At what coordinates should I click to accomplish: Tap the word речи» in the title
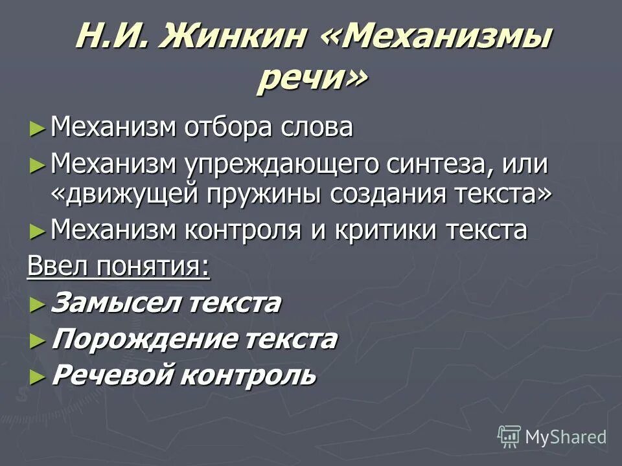(312, 80)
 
